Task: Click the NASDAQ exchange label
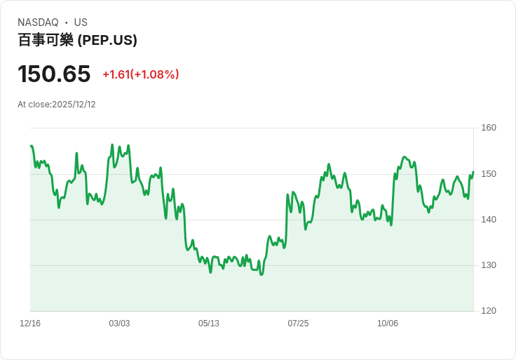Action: coord(38,22)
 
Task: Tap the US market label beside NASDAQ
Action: coord(81,22)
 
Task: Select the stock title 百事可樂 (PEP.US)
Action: coord(77,40)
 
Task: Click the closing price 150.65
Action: coord(54,74)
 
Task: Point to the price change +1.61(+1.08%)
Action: coord(141,74)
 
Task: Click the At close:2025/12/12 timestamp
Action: coord(57,105)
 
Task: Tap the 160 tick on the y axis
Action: coord(489,128)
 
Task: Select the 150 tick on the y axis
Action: coord(489,174)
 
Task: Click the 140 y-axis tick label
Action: coord(489,220)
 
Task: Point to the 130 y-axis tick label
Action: coord(489,265)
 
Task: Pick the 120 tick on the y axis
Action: coord(489,311)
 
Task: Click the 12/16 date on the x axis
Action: coord(30,324)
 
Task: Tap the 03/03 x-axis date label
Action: coord(119,324)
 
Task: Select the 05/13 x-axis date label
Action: coord(209,324)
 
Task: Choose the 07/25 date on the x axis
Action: coord(298,324)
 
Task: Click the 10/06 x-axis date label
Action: coord(388,324)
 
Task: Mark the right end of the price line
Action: coord(473,172)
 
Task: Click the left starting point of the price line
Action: coord(31,146)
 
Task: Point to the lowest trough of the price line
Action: coord(262,274)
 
